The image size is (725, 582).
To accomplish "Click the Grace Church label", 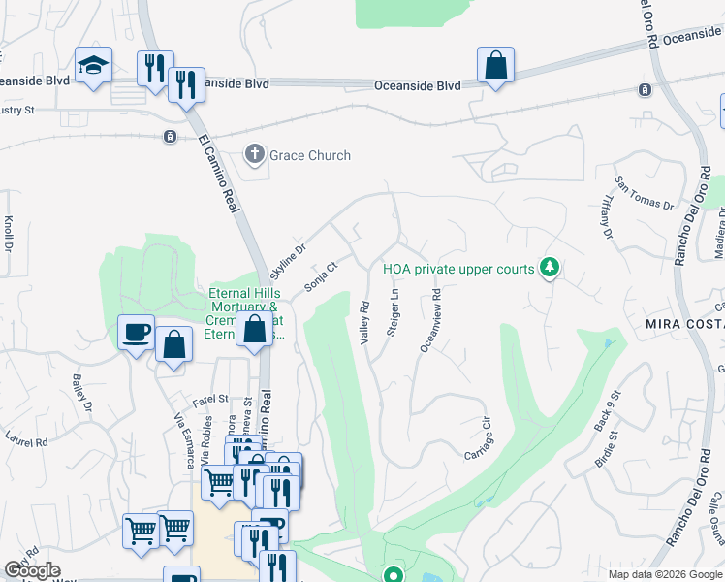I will click(310, 155).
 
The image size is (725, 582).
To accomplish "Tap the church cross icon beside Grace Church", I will click(255, 153).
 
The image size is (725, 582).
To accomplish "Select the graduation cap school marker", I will click(93, 65).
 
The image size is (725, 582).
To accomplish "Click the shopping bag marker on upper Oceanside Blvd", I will click(495, 66).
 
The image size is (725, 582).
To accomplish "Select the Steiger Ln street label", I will click(394, 311).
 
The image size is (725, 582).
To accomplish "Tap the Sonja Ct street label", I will click(320, 275).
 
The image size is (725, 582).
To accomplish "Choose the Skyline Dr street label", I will click(287, 260).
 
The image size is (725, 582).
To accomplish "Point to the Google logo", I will click(33, 570).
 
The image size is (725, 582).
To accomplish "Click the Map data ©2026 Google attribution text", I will click(665, 574).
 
